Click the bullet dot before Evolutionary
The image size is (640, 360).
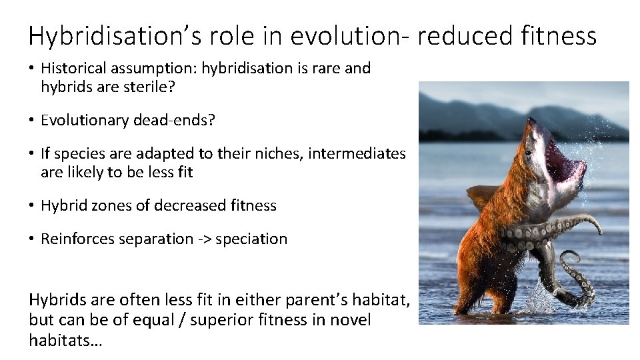click(x=32, y=121)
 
